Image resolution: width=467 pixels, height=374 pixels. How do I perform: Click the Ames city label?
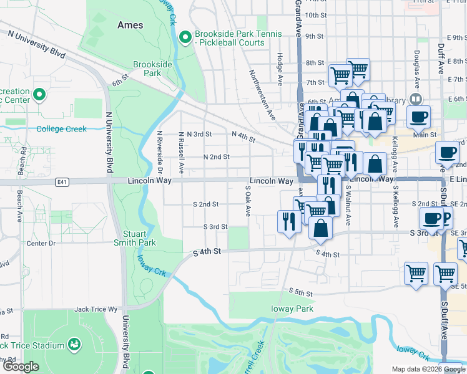click(x=130, y=26)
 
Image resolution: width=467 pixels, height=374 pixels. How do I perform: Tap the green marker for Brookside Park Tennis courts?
click(x=184, y=38)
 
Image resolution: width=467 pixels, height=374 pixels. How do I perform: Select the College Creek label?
click(x=61, y=129)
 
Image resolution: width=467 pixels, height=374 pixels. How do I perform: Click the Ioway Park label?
click(x=292, y=309)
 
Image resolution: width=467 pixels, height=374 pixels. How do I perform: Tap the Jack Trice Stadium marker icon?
click(x=74, y=344)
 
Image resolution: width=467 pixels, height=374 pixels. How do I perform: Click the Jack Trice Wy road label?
click(x=96, y=309)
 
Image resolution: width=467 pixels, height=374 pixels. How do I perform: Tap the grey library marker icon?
click(x=415, y=100)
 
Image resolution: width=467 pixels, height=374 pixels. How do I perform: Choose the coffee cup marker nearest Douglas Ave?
click(x=418, y=116)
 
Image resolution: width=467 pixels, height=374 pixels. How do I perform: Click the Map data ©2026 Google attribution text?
click(x=414, y=369)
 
